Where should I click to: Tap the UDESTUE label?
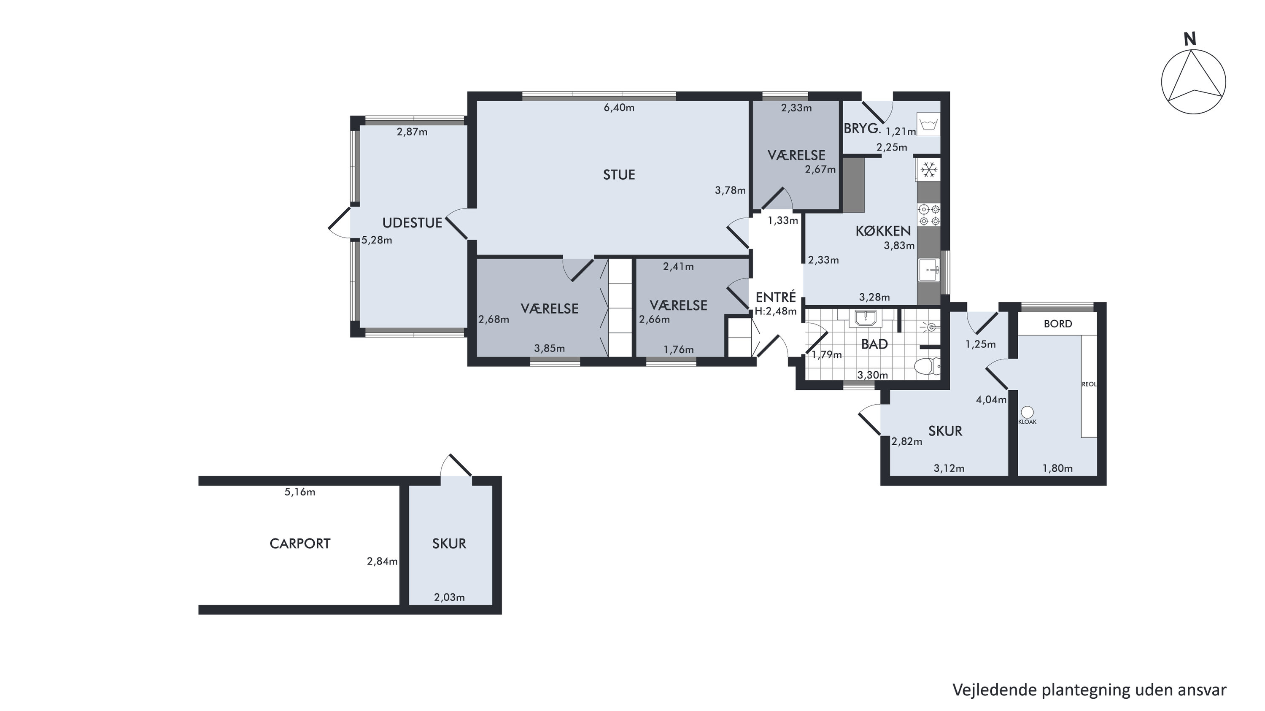tap(412, 223)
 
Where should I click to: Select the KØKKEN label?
tap(883, 230)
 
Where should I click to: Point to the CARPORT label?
tap(299, 543)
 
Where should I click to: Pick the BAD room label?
tap(874, 344)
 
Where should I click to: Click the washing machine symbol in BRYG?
tap(928, 125)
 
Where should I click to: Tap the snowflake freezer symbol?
tap(928, 170)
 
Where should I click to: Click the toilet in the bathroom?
tap(928, 367)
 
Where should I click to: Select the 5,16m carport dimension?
tap(299, 492)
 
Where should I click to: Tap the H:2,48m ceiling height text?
tap(775, 311)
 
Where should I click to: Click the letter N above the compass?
tap(1189, 39)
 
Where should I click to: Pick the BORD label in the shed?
tap(1058, 324)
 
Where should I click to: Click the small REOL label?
tap(1089, 384)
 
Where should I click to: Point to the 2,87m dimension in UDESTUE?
tap(412, 132)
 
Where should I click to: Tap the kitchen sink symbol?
tap(929, 270)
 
